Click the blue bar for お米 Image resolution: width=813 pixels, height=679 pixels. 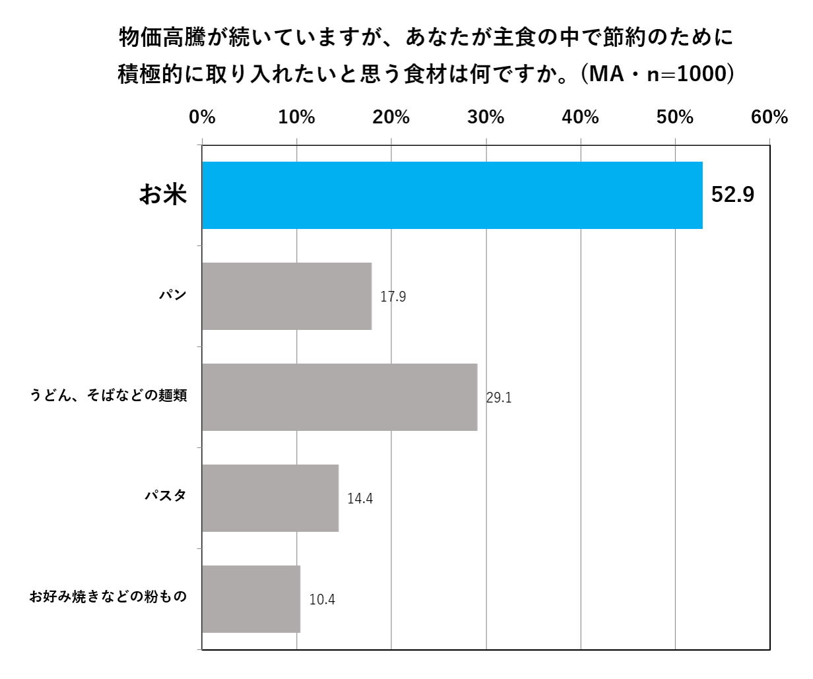tap(452, 195)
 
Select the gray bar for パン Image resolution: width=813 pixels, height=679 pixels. tap(287, 296)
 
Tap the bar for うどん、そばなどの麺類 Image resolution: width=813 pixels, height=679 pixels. tap(340, 397)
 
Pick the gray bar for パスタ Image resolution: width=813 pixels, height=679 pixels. tap(271, 498)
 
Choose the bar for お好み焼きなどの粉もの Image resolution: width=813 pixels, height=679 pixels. tap(251, 599)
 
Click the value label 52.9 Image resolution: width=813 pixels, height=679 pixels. tap(732, 195)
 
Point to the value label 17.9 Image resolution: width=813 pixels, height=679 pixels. tap(393, 297)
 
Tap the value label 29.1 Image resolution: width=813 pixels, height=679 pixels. tap(499, 398)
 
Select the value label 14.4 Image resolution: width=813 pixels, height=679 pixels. tap(360, 499)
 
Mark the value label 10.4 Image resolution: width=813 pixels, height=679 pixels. tap(322, 600)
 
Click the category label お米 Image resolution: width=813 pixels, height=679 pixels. tap(163, 195)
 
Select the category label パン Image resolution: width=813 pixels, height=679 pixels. tap(173, 295)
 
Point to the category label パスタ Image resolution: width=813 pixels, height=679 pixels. tap(166, 496)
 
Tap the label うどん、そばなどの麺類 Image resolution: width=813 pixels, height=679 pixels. tap(109, 396)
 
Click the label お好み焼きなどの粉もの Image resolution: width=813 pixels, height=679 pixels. tap(109, 597)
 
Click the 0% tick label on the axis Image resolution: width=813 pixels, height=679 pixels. tap(203, 117)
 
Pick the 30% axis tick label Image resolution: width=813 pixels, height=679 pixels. tap(486, 117)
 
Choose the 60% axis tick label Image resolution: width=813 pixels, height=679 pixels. tap(769, 117)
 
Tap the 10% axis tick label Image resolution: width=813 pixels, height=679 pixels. tap(297, 117)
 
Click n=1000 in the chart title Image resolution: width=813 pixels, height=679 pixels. tap(686, 74)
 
